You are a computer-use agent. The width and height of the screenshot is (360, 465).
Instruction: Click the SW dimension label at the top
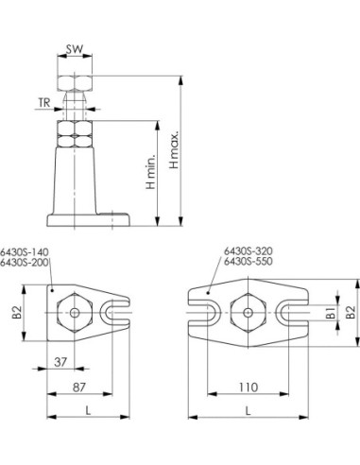pos(75,49)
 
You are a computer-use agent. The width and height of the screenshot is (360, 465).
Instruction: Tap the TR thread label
pos(44,102)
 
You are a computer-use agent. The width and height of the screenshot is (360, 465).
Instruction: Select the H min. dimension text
pos(151,172)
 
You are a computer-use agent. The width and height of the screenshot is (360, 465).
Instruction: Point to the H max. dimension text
pos(174,148)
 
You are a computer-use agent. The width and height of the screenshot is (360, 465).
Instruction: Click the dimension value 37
pos(60,362)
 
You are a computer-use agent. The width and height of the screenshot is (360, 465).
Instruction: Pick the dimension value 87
pos(79,387)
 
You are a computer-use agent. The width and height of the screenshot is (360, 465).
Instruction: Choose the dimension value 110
pos(249,387)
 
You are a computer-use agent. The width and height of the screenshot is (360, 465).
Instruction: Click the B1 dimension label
pos(331,313)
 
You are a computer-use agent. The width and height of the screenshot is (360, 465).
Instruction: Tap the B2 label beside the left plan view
pos(17,312)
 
